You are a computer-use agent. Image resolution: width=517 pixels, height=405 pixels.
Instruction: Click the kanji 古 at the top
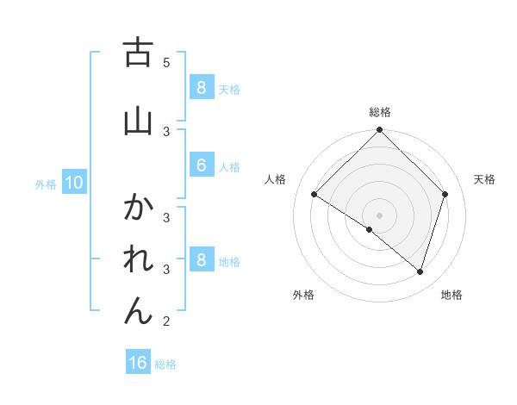[137, 53]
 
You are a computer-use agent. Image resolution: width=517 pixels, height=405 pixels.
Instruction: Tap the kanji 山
[137, 121]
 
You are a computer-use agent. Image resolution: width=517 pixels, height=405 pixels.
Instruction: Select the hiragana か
[138, 208]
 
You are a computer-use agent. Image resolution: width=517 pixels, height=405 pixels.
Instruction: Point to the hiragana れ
[138, 259]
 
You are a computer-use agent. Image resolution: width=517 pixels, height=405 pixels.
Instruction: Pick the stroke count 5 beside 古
[166, 63]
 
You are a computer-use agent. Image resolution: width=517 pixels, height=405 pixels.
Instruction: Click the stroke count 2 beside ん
[166, 321]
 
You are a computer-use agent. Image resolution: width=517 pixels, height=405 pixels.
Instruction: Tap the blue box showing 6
[201, 165]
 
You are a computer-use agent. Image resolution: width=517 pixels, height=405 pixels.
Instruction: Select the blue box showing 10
[73, 183]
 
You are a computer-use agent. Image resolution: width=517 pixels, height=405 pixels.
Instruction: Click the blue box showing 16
[138, 363]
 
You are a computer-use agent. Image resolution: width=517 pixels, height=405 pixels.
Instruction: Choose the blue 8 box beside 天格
[201, 88]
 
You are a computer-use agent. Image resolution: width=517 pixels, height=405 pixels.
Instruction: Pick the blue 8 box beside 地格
[201, 260]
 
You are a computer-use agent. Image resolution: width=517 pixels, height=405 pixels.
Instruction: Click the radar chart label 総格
[380, 112]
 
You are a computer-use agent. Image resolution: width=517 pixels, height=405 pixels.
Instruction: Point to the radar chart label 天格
[484, 179]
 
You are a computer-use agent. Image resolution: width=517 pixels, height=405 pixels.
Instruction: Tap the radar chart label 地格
[452, 295]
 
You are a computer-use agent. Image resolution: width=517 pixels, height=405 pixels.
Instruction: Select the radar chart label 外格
[303, 295]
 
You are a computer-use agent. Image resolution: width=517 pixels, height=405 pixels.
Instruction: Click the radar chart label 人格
[276, 179]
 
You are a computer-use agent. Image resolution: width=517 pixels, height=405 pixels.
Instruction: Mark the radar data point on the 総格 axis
[380, 130]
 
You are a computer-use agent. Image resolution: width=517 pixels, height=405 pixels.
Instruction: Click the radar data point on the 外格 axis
[370, 230]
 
